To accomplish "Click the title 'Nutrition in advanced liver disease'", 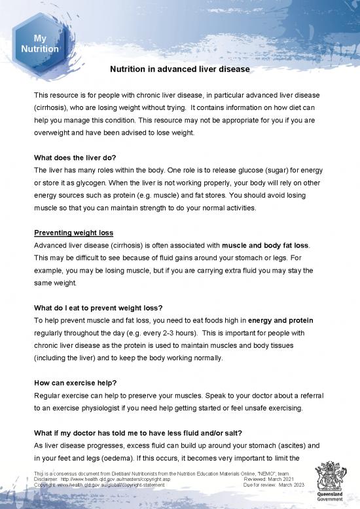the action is (x=180, y=68).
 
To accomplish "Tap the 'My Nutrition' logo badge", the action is (x=40, y=44).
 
